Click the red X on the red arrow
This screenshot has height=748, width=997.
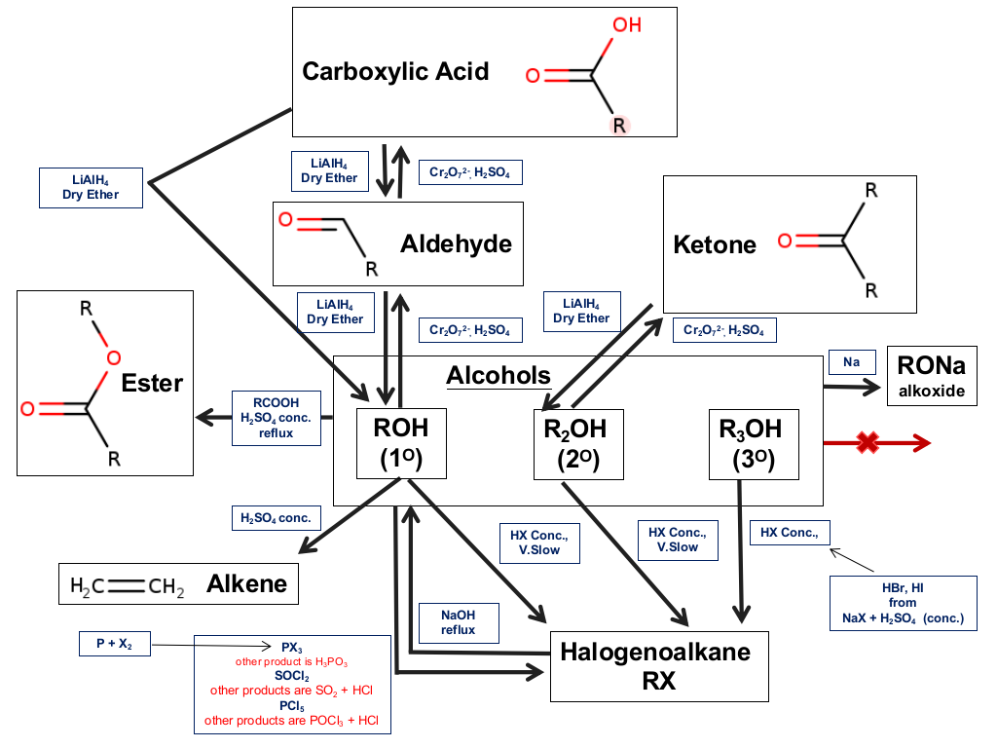[868, 442]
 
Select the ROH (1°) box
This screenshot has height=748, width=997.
[401, 443]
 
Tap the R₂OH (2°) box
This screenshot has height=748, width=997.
[578, 444]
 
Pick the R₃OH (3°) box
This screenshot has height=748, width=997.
[754, 444]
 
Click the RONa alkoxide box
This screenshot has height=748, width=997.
[932, 376]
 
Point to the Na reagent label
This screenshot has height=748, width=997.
[852, 362]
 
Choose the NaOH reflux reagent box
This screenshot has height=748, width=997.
[459, 622]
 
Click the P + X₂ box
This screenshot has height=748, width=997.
[115, 644]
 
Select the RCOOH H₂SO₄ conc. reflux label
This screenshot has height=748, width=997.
[276, 418]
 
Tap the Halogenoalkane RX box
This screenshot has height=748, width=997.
[659, 666]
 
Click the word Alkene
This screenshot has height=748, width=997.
[246, 584]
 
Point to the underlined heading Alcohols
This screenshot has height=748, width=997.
[498, 375]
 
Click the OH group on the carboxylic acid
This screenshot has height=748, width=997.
[627, 24]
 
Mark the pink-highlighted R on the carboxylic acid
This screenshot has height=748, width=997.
[619, 126]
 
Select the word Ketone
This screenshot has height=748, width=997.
[715, 244]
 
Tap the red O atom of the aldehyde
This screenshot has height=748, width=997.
[285, 220]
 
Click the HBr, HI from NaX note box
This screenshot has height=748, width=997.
[903, 603]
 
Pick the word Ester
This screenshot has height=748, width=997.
[152, 384]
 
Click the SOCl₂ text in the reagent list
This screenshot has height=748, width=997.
[292, 676]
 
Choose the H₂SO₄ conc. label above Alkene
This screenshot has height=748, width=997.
[276, 518]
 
